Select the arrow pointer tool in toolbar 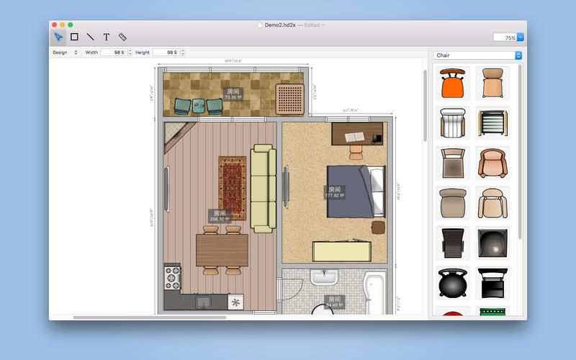[x=58, y=37]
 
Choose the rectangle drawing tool [x=74, y=37]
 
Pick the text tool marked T [x=107, y=37]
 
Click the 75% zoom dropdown [x=508, y=37]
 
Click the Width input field [x=114, y=53]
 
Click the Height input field [x=166, y=53]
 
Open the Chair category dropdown [x=477, y=55]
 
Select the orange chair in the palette [x=452, y=85]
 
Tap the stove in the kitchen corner [x=173, y=276]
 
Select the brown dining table [x=222, y=250]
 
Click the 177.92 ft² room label [x=334, y=193]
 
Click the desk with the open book [x=357, y=134]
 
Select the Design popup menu [x=65, y=53]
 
